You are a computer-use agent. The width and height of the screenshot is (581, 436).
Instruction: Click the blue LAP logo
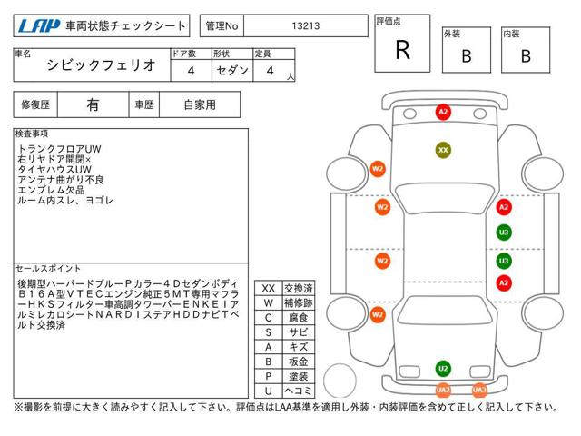pyautogui.click(x=39, y=26)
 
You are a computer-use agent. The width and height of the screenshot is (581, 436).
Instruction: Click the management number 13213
pyautogui.click(x=306, y=26)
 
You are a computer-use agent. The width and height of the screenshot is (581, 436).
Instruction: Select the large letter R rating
pyautogui.click(x=403, y=50)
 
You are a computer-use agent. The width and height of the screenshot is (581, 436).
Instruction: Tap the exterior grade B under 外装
pyautogui.click(x=467, y=56)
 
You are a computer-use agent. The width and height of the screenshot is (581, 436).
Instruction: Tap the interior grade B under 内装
pyautogui.click(x=526, y=56)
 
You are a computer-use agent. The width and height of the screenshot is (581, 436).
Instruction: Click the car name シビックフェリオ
pyautogui.click(x=101, y=65)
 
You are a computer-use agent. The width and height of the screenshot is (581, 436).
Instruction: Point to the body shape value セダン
pyautogui.click(x=232, y=70)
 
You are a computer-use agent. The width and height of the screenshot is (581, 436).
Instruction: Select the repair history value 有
pyautogui.click(x=93, y=105)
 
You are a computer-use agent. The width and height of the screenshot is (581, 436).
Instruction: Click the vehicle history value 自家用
pyautogui.click(x=200, y=105)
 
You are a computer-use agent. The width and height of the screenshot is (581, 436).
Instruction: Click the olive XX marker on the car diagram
pyautogui.click(x=443, y=150)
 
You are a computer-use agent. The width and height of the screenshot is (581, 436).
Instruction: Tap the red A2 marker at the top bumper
pyautogui.click(x=443, y=112)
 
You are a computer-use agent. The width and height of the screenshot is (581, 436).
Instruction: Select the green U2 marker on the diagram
pyautogui.click(x=443, y=369)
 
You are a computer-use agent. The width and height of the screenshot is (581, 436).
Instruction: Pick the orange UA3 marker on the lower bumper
pyautogui.click(x=479, y=390)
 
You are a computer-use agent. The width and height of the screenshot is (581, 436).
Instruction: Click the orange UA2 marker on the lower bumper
pyautogui.click(x=443, y=390)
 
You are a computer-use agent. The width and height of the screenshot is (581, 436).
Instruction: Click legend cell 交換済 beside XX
pyautogui.click(x=299, y=288)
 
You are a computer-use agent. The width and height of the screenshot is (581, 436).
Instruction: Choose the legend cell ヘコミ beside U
pyautogui.click(x=299, y=391)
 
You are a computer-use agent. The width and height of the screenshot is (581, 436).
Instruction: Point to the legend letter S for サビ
pyautogui.click(x=269, y=332)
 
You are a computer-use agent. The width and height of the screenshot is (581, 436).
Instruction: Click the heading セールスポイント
pyautogui.click(x=48, y=269)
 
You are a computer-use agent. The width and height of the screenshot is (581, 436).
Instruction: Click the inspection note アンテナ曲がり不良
pyautogui.click(x=61, y=180)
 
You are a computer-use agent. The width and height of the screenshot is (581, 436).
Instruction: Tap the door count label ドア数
pyautogui.click(x=183, y=54)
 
